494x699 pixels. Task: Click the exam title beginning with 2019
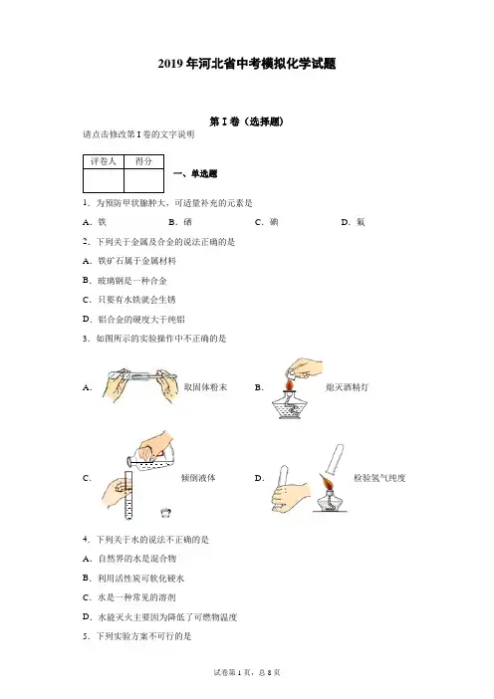click(x=247, y=64)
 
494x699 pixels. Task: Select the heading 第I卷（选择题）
click(x=247, y=121)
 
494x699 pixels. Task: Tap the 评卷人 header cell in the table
click(x=104, y=161)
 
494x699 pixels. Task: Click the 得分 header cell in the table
click(x=143, y=161)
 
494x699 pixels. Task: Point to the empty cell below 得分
click(x=143, y=180)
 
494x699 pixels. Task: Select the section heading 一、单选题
click(x=195, y=174)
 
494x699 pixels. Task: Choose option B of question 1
click(x=180, y=222)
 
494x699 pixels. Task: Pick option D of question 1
click(x=354, y=222)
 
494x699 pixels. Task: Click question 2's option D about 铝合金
click(x=133, y=320)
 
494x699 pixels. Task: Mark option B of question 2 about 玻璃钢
click(x=124, y=281)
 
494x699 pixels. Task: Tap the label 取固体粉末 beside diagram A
click(x=205, y=387)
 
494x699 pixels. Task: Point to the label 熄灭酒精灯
click(x=348, y=387)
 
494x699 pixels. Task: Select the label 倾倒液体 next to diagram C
click(x=198, y=478)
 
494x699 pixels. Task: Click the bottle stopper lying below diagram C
click(x=166, y=513)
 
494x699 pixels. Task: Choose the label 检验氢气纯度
click(x=379, y=478)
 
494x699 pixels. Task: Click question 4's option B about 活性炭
click(x=133, y=579)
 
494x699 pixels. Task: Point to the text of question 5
click(x=136, y=636)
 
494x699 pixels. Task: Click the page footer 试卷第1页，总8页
click(x=247, y=673)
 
